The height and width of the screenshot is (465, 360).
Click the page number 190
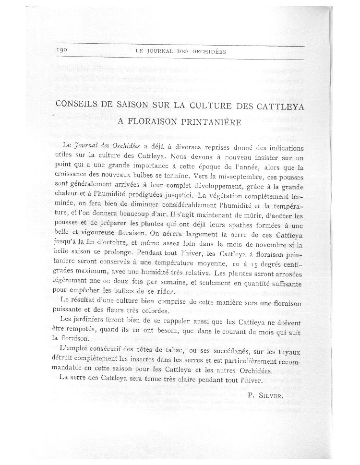pos(62,50)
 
